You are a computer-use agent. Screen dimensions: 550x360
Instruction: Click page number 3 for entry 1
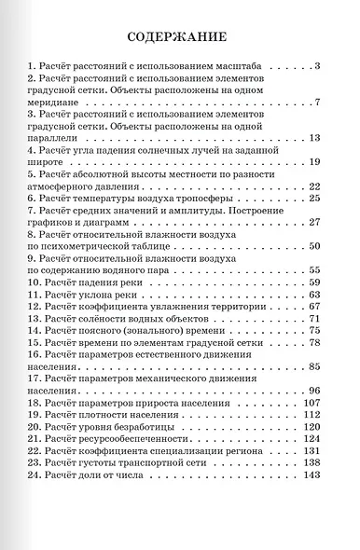coord(317,66)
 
